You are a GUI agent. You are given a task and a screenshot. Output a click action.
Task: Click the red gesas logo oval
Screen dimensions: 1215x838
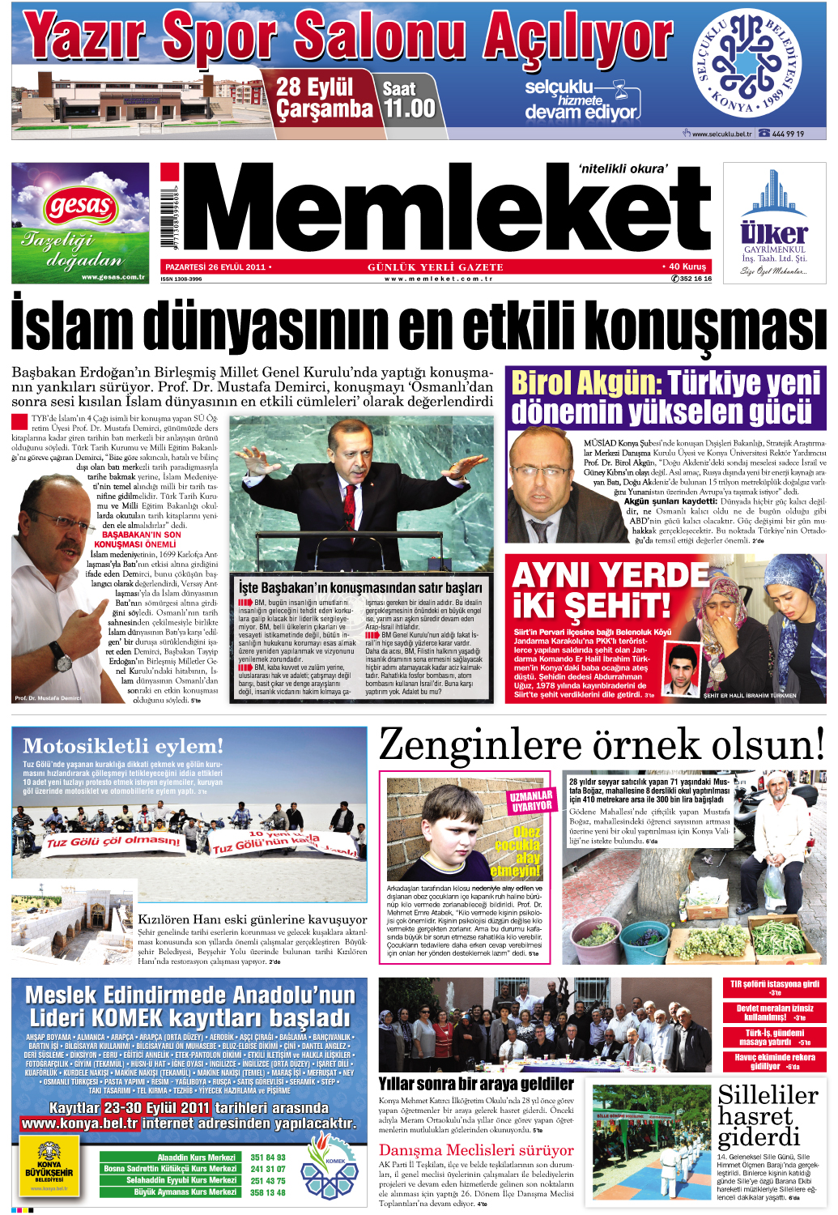coord(80,207)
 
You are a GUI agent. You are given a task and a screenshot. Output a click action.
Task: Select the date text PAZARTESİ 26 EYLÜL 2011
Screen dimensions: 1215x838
coord(215,266)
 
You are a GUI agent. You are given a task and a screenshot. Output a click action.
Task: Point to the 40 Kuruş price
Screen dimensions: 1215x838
coord(687,266)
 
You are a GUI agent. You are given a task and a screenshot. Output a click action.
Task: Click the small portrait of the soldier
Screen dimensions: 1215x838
coord(682,669)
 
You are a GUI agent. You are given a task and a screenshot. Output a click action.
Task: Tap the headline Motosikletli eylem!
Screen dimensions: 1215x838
coord(123,745)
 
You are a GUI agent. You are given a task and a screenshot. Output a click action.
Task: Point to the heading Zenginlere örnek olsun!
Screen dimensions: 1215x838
coord(602,744)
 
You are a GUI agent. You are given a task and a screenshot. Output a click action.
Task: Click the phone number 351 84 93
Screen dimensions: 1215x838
coord(268,1157)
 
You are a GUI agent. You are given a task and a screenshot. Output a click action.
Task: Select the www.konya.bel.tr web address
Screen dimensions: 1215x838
coord(79,1123)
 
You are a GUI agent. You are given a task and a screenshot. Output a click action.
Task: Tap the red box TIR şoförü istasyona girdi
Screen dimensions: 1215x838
coord(774,987)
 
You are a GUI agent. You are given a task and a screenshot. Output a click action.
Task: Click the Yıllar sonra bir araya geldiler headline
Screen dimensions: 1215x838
coord(476,1083)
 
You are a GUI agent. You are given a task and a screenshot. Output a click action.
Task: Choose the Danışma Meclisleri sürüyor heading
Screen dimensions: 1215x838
coord(476,1150)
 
